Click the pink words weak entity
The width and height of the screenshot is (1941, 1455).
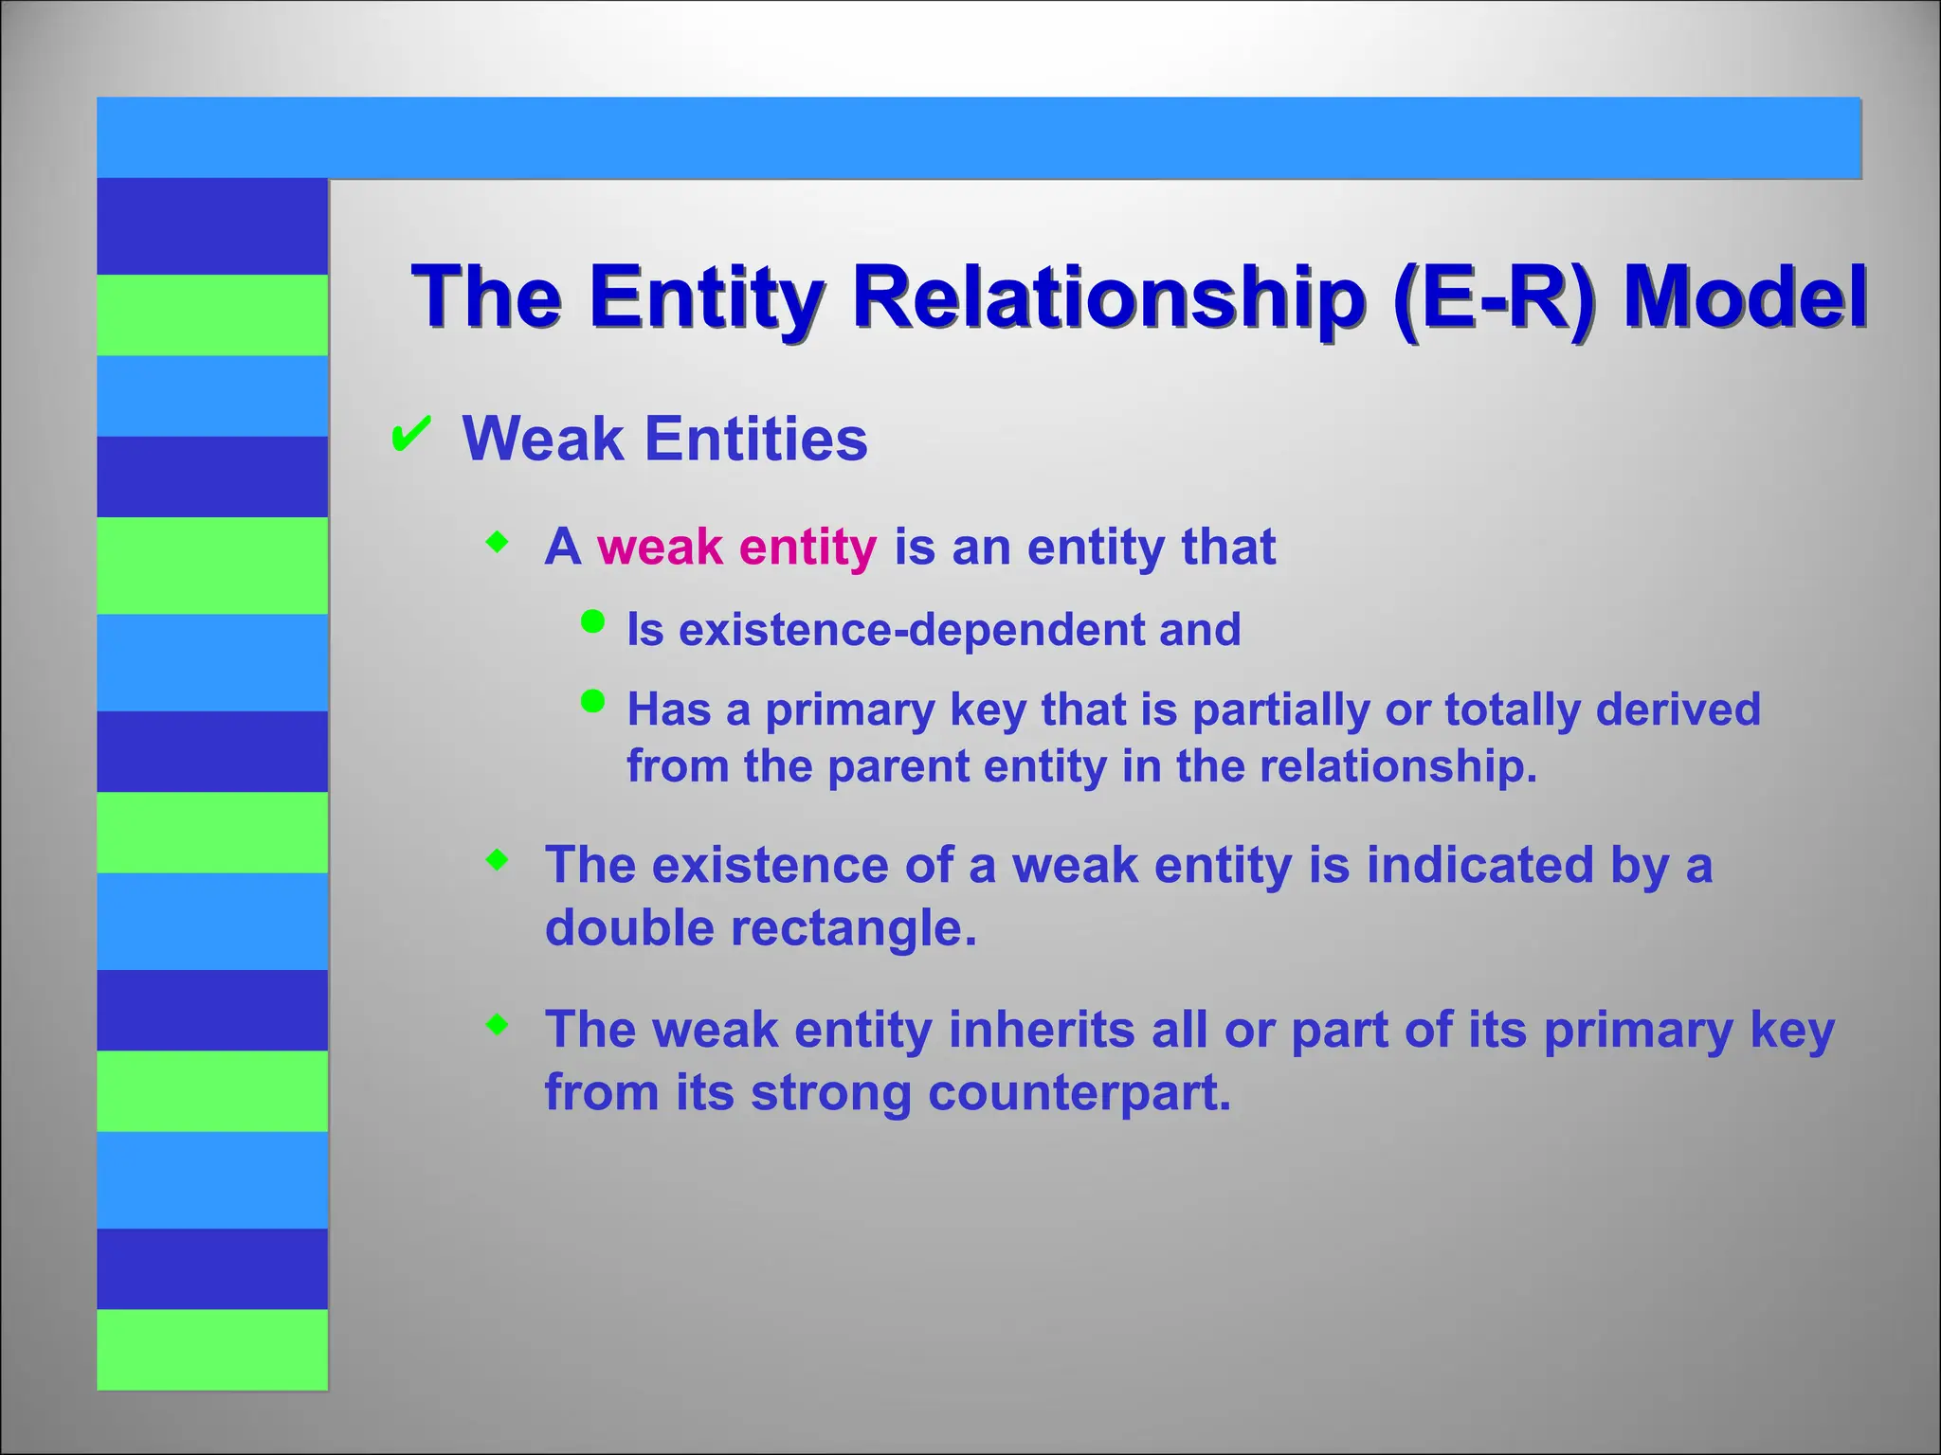click(736, 548)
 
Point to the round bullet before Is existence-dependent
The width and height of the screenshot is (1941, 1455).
click(592, 621)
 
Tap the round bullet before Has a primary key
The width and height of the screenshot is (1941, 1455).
click(592, 701)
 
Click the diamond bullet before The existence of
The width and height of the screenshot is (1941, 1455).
click(497, 860)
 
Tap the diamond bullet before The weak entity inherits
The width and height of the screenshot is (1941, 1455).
click(497, 1024)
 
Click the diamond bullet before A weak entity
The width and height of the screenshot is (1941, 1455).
click(497, 543)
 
